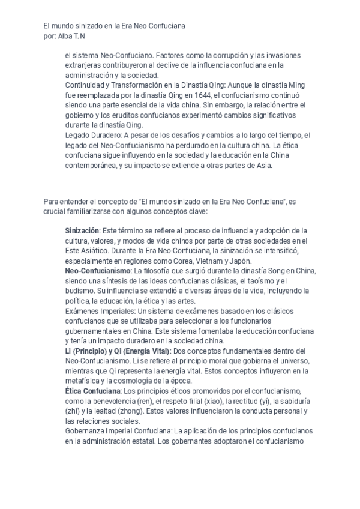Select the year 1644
(191, 94)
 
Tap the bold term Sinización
(82, 230)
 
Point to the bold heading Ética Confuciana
(92, 391)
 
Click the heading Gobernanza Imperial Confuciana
(119, 431)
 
